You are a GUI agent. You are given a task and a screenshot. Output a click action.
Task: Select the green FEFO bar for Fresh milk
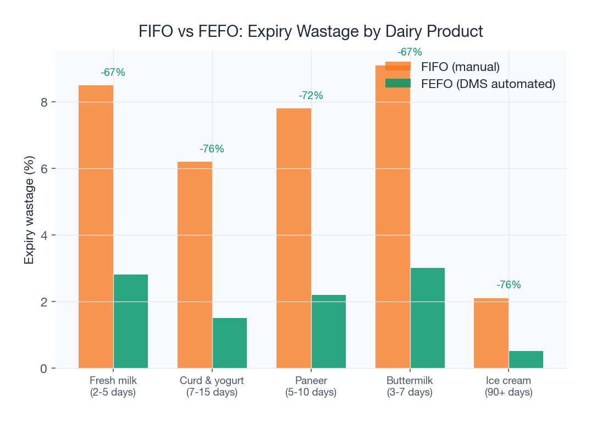click(x=131, y=321)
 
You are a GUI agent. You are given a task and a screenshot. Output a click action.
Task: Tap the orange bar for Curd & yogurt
click(x=195, y=265)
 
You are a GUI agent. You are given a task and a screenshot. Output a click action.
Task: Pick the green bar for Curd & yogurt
click(x=230, y=343)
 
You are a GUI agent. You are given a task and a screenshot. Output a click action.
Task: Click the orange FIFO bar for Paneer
click(x=294, y=238)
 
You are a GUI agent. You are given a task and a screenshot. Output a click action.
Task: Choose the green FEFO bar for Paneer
click(x=329, y=331)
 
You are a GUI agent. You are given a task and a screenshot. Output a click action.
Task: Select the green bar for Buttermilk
click(x=428, y=318)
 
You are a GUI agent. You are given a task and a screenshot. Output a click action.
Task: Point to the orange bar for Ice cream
click(x=491, y=333)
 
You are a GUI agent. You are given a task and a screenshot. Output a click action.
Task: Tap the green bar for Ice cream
click(x=526, y=359)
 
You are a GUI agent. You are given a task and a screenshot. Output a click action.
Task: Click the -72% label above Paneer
click(x=311, y=96)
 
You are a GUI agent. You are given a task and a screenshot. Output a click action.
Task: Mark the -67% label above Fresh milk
click(x=113, y=73)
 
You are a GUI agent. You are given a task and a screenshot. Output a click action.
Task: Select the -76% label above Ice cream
click(x=508, y=285)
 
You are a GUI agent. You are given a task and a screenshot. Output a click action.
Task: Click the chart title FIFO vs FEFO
click(x=311, y=31)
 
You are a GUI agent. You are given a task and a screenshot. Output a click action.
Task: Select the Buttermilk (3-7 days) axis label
click(x=410, y=386)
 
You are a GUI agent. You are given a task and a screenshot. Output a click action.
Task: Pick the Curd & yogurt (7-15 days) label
click(x=212, y=386)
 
